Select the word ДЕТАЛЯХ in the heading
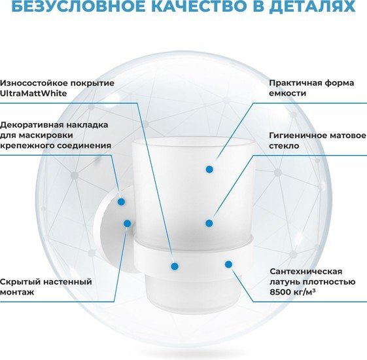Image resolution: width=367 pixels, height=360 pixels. click(x=312, y=7)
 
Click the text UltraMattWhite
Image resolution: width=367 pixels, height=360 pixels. click(x=33, y=93)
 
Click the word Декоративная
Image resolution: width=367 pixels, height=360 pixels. click(x=31, y=125)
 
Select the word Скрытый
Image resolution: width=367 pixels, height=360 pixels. click(x=20, y=281)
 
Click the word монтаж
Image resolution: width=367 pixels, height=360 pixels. click(x=17, y=292)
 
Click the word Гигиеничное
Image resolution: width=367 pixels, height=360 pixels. click(x=298, y=135)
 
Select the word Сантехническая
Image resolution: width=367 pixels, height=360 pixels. click(x=306, y=272)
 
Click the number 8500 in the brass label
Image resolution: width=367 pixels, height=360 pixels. click(x=279, y=292)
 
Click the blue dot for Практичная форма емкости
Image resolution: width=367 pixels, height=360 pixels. click(x=209, y=169)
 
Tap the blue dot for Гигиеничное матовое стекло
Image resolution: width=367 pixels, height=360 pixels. click(x=209, y=223)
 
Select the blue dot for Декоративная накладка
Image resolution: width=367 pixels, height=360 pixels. click(x=121, y=202)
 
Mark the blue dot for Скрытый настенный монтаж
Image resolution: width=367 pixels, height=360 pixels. click(x=128, y=223)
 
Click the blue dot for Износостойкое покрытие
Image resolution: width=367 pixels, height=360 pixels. click(x=175, y=266)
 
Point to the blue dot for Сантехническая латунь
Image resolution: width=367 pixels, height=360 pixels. click(x=228, y=264)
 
